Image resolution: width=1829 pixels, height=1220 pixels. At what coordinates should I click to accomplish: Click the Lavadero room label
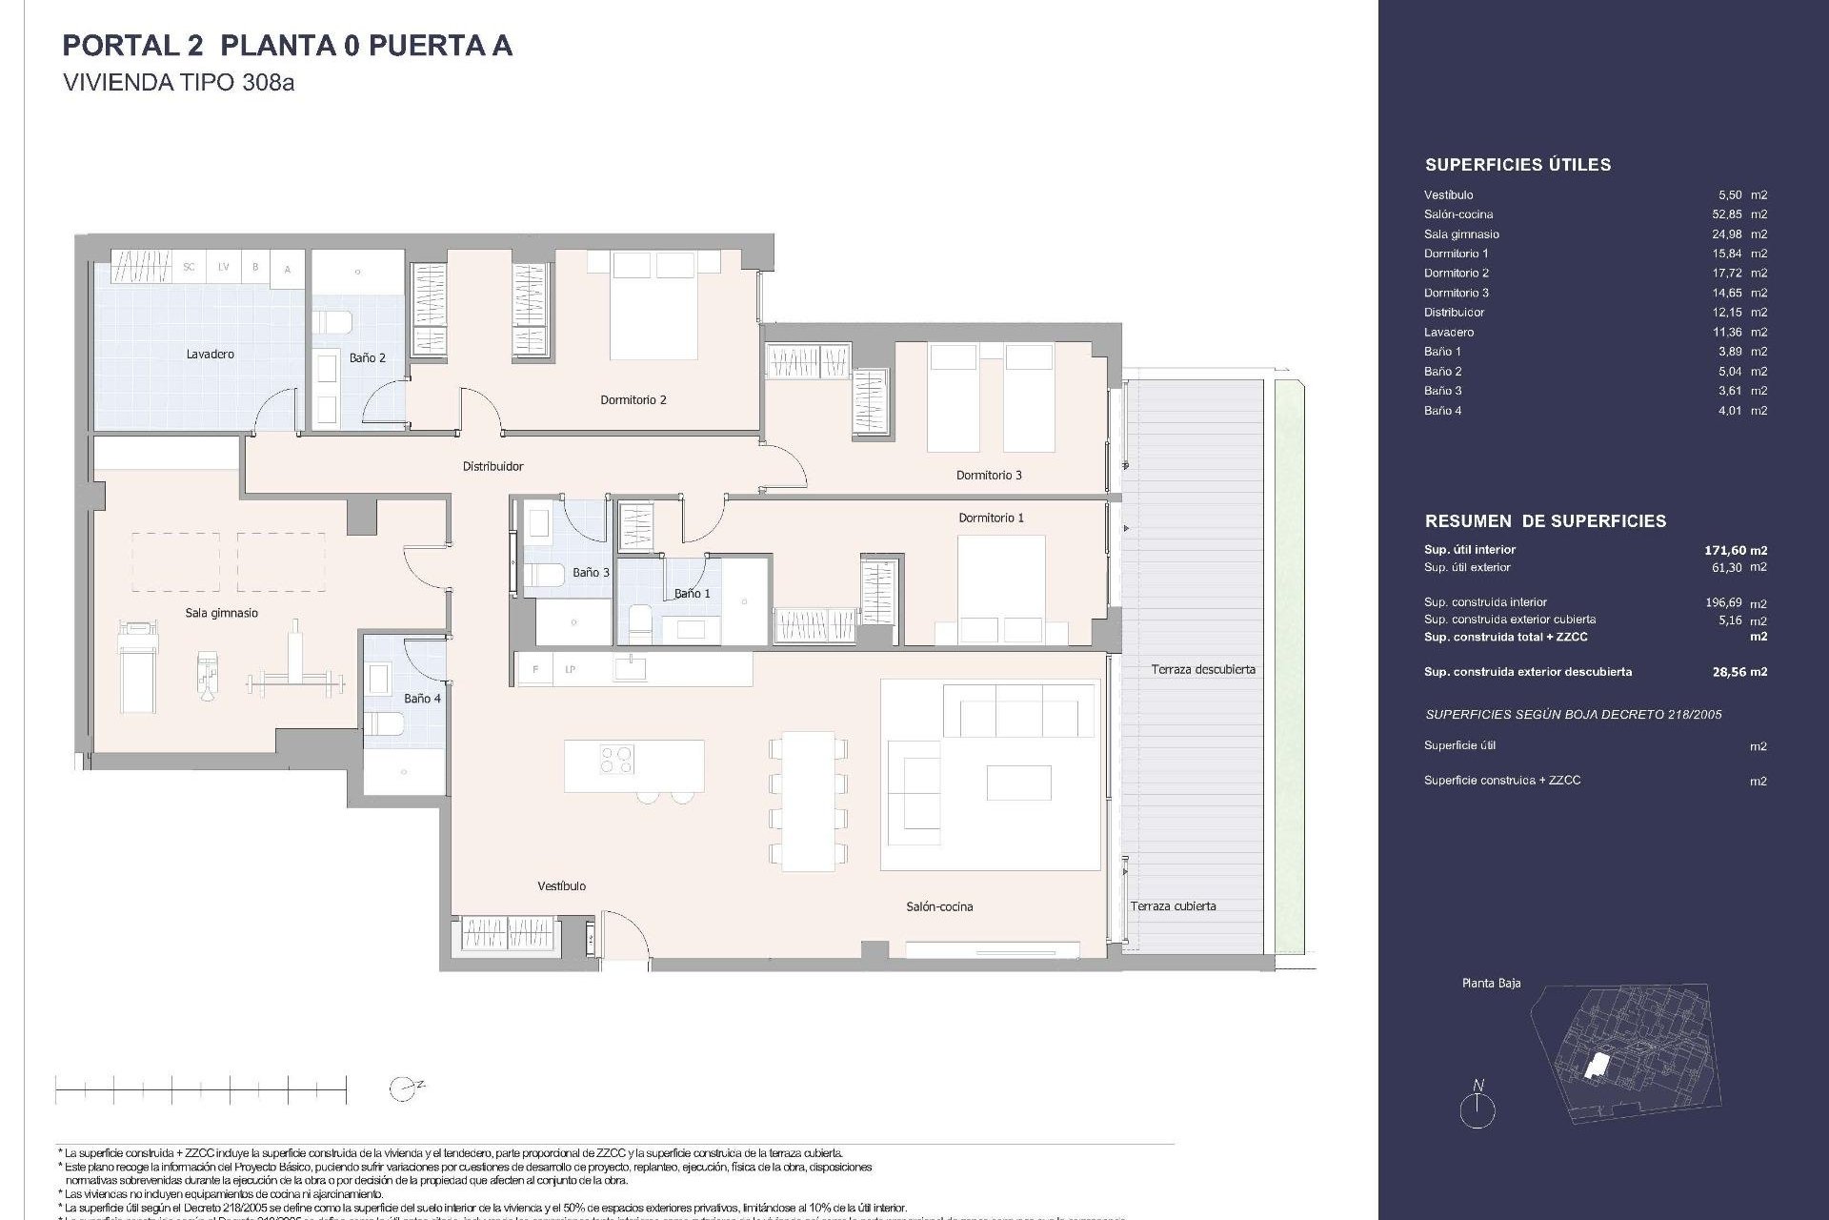[210, 355]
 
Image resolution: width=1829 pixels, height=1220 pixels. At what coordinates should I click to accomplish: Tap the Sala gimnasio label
[221, 614]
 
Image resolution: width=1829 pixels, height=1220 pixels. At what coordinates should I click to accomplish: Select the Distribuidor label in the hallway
[492, 467]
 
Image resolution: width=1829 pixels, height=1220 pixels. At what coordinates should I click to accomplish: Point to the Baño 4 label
[422, 699]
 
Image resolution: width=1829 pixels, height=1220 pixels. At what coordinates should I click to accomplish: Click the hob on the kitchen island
[616, 760]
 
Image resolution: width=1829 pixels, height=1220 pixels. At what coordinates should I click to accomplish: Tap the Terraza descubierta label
[1202, 670]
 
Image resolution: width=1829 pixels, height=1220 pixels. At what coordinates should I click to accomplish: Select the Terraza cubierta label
[1173, 906]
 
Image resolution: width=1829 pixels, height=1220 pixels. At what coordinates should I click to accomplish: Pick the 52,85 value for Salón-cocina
[1728, 214]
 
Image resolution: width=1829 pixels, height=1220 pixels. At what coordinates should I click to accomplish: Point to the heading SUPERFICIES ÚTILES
[1517, 165]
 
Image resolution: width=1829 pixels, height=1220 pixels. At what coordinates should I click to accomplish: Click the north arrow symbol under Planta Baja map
[1477, 1107]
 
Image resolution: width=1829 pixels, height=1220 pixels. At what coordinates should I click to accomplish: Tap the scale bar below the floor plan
[200, 1088]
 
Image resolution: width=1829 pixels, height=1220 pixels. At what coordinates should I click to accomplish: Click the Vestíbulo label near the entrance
[561, 886]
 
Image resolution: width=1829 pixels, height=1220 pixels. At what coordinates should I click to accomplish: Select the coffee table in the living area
[1018, 783]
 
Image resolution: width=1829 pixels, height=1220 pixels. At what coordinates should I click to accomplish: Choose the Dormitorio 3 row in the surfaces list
[1457, 293]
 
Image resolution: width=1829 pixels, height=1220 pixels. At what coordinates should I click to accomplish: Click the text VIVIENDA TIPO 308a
[178, 83]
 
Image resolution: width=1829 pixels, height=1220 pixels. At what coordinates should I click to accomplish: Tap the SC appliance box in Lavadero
[189, 268]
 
